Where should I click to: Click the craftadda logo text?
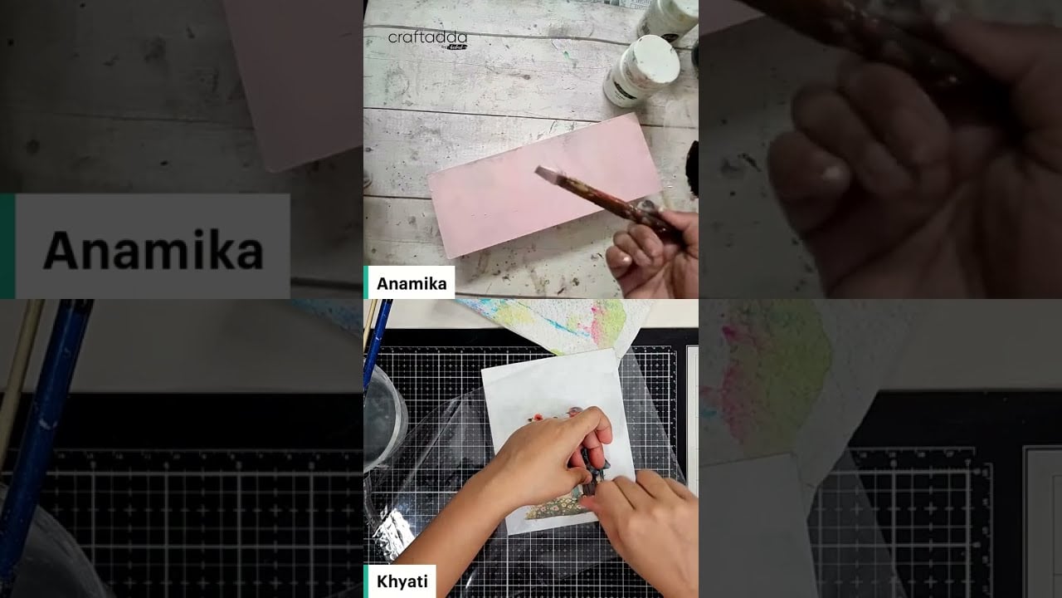point(427,38)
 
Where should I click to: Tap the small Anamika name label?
point(411,283)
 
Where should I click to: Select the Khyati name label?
point(402,581)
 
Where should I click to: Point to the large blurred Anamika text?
point(153,249)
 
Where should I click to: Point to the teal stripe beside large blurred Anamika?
point(7,246)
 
